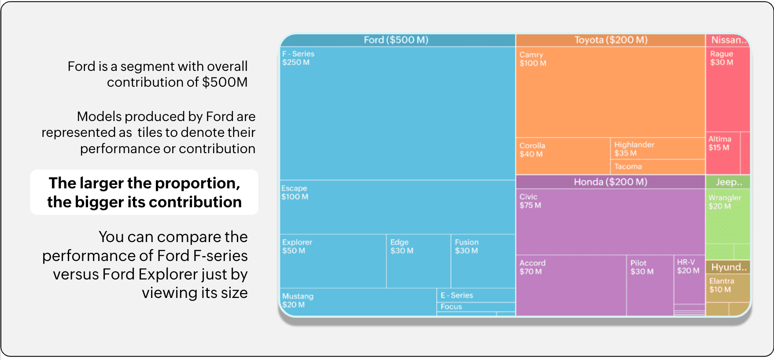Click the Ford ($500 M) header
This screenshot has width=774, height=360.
396,40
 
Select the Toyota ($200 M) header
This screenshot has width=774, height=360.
611,40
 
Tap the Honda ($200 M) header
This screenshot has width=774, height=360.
610,182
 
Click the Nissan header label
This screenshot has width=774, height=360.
729,40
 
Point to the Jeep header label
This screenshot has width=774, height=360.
729,182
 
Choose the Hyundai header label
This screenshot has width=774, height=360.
729,267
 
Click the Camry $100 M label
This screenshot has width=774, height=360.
533,59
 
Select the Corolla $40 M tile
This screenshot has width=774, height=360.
563,156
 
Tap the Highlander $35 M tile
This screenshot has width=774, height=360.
657,149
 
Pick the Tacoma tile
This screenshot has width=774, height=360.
657,167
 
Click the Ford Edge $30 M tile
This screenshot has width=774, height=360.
418,261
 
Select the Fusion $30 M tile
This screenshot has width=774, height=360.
483,261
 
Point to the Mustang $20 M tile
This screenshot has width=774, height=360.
358,302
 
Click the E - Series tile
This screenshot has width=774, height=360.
475,295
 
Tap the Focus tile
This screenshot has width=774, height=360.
475,307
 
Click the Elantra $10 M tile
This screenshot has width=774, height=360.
728,288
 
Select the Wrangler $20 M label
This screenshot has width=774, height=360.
725,202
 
